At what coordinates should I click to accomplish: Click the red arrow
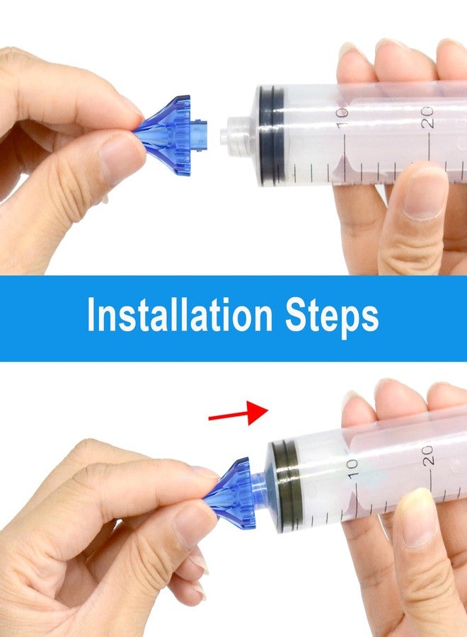[x=238, y=413]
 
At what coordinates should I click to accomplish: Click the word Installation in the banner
[x=180, y=315]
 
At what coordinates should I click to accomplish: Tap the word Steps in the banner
[x=332, y=317]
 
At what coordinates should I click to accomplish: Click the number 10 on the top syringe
[x=342, y=117]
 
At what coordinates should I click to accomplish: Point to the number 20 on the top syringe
[x=427, y=117]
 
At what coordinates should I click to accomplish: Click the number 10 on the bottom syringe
[x=352, y=468]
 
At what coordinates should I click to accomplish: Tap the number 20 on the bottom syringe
[x=428, y=455]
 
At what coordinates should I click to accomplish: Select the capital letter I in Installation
[x=91, y=315]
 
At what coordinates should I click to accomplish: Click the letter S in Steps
[x=296, y=315]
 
